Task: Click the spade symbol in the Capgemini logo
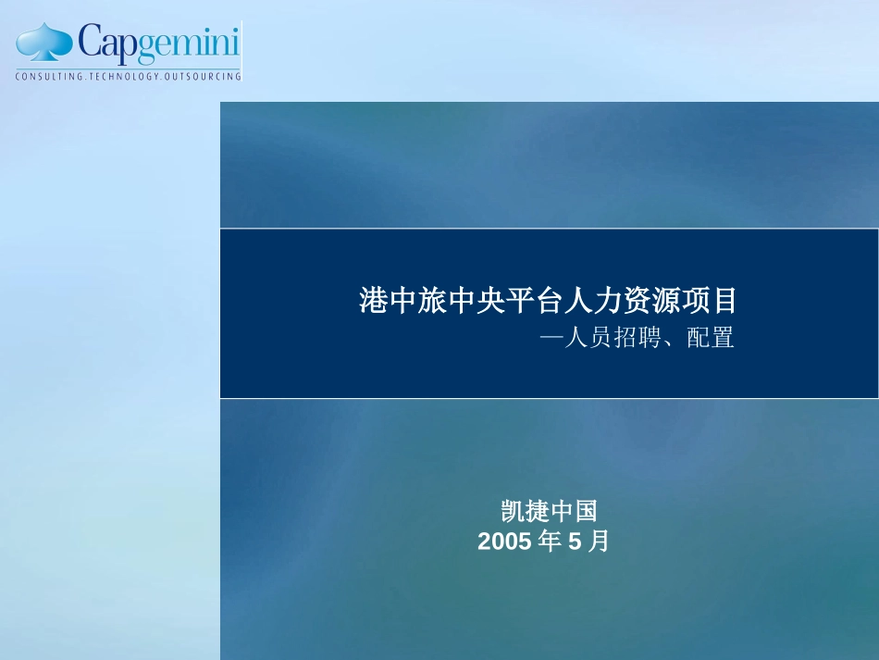[x=44, y=42]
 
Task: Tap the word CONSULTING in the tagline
[x=49, y=76]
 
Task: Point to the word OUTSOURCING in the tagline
[x=203, y=76]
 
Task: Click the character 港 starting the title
[x=374, y=301]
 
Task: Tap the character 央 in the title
[x=490, y=301]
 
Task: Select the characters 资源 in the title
[x=650, y=301]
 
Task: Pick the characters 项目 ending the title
[x=709, y=301]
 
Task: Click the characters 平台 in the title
[x=534, y=301]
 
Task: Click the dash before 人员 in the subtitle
[x=551, y=338]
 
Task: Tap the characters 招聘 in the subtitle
[x=638, y=338]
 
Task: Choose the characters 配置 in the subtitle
[x=711, y=338]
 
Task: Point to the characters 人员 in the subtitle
[x=588, y=338]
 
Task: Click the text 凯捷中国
[x=550, y=511]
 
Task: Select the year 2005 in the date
[x=504, y=542]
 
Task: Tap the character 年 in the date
[x=550, y=542]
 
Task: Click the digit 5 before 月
[x=576, y=542]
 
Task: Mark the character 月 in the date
[x=599, y=542]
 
